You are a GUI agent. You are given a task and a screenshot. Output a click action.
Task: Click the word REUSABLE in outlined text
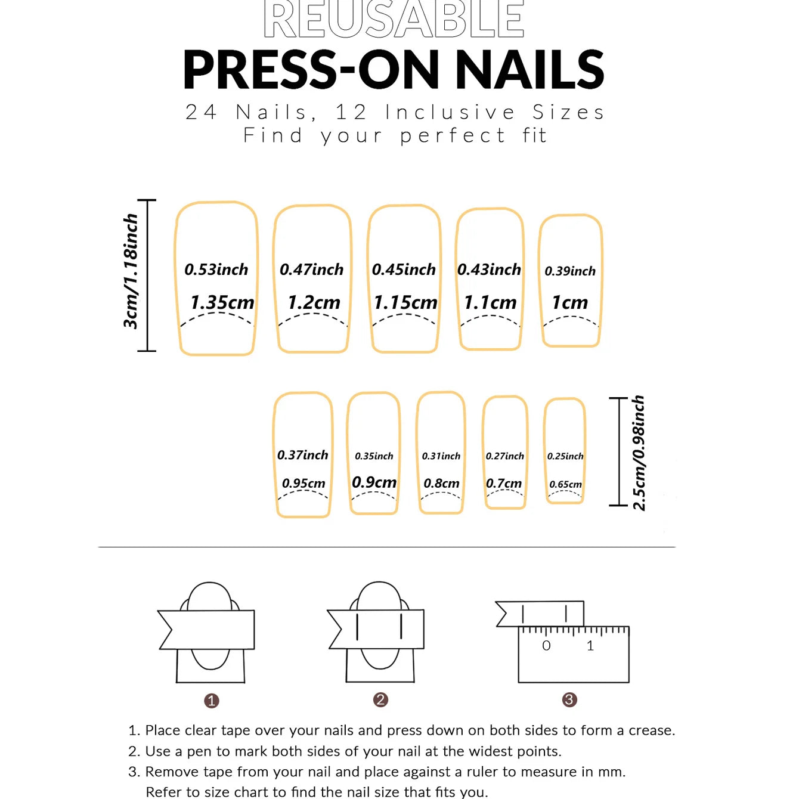tap(394, 19)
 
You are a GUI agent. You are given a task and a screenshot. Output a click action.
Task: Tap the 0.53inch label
tap(216, 270)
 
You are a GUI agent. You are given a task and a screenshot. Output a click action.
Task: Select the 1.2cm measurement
tap(314, 302)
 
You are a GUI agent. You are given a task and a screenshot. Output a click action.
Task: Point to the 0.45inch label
tap(404, 270)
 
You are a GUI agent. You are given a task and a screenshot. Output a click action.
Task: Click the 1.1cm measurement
tap(490, 302)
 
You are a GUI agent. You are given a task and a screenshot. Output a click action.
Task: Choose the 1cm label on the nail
tap(570, 302)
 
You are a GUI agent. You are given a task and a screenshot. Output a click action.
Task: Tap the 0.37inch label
tap(302, 455)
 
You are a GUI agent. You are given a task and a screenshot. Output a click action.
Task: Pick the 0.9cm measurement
tap(374, 482)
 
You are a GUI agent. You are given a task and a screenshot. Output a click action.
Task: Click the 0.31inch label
tap(441, 456)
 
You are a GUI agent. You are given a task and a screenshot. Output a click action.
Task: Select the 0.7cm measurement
tap(504, 483)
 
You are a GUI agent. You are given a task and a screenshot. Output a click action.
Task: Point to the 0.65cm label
tap(565, 484)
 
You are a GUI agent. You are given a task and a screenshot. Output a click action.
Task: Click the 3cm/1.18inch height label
tap(131, 272)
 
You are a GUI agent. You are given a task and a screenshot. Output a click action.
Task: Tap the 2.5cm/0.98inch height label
tap(639, 453)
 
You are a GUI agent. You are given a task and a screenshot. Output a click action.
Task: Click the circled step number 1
tap(212, 701)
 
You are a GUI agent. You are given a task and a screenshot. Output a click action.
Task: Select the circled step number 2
tap(380, 700)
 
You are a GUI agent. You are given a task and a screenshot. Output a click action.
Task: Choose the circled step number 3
tap(569, 700)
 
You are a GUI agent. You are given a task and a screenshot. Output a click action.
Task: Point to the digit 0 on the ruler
tap(546, 646)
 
